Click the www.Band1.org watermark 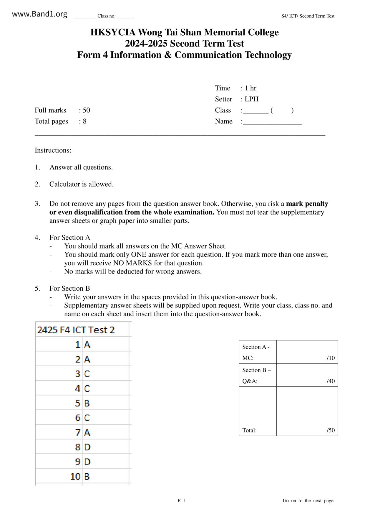coord(39,14)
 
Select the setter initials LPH coord(252,99)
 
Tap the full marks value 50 coord(86,110)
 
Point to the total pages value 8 coord(84,121)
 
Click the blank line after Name coord(272,122)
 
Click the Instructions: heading coord(53,150)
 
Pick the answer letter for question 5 coord(87,403)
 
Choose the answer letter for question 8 coord(87,447)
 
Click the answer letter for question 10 coord(87,476)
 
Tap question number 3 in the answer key coord(78,374)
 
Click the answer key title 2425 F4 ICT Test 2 coord(76,330)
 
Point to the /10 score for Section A coord(331,358)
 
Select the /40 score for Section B coord(331,381)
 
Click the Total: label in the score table coord(249,430)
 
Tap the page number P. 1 coord(182,500)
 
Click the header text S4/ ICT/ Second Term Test coord(308,16)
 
